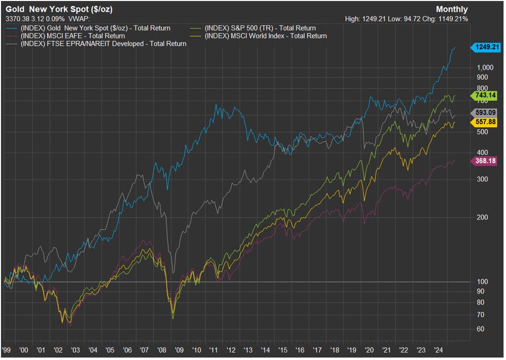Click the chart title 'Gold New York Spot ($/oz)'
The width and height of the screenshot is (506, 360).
tap(59, 9)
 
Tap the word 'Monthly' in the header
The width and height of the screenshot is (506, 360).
tap(452, 9)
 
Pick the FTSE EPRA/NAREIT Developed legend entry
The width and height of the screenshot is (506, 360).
tap(96, 43)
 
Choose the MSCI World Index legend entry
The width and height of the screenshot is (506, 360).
tap(259, 36)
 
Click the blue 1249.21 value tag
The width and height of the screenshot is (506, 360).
tap(486, 47)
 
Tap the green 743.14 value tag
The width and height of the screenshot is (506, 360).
tap(484, 95)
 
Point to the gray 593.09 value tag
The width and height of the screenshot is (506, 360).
tap(484, 112)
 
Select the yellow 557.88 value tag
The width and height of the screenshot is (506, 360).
tap(484, 122)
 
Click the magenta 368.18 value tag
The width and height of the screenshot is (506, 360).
tap(484, 161)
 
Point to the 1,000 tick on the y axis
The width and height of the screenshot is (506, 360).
tap(485, 68)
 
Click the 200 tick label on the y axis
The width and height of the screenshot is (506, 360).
tap(482, 217)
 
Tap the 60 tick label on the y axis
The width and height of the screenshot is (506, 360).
tap(480, 329)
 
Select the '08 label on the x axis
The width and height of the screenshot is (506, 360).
tap(162, 350)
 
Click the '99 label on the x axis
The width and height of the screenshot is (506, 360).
tap(6, 350)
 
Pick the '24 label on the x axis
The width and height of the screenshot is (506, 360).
tap(438, 350)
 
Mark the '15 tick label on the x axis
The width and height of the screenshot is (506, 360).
tap(283, 350)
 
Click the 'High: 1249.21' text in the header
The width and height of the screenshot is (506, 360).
tap(365, 19)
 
